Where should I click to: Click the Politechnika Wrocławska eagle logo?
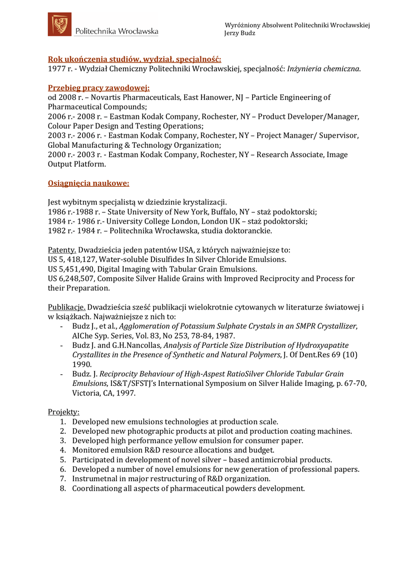59,25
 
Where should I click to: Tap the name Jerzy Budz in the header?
240,33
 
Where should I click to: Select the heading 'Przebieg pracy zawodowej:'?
99,88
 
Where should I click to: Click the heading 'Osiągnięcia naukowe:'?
89,182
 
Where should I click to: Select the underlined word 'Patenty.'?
62,249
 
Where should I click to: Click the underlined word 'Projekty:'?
64,412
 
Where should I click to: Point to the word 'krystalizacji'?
202,202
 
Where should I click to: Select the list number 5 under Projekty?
63,460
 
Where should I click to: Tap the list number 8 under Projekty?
63,488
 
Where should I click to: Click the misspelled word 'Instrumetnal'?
96,479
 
